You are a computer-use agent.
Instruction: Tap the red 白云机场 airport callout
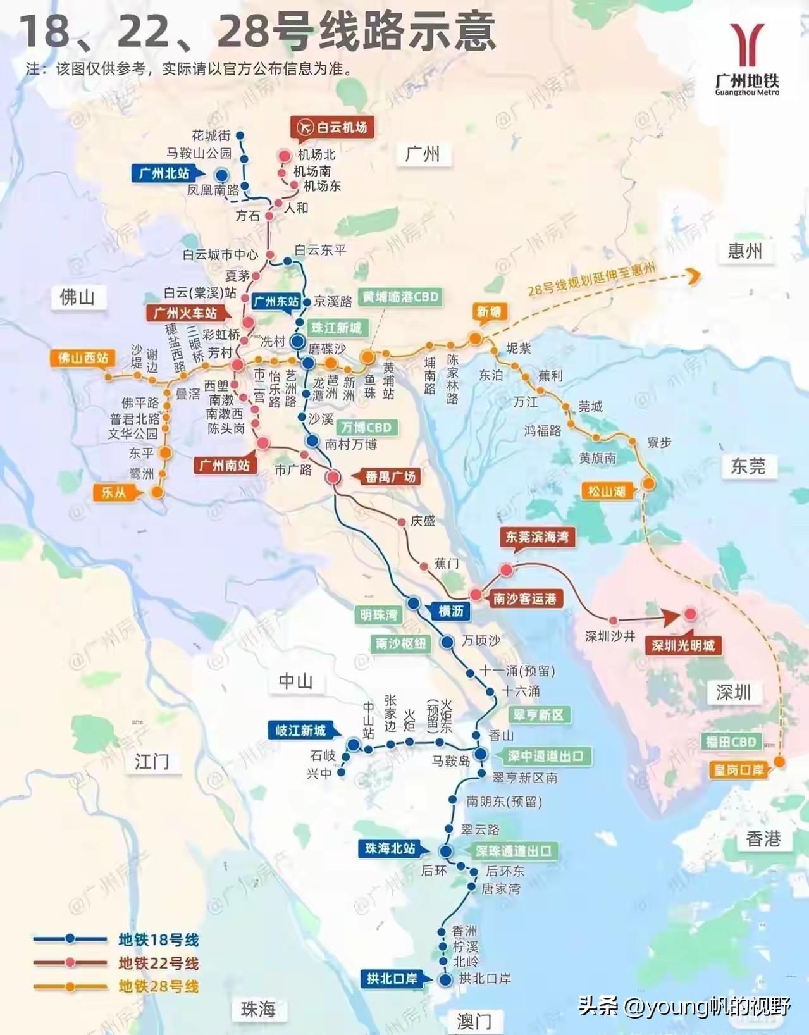pyautogui.click(x=333, y=127)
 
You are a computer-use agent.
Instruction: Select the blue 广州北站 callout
pyautogui.click(x=164, y=173)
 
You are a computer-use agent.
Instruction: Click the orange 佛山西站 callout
pyautogui.click(x=83, y=358)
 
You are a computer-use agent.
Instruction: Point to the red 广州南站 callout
pyautogui.click(x=225, y=466)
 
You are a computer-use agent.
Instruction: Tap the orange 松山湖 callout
pyautogui.click(x=607, y=491)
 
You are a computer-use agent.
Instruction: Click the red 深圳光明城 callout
pyautogui.click(x=683, y=645)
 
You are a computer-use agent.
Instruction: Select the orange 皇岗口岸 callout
pyautogui.click(x=739, y=770)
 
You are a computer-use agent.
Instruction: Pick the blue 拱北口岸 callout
pyautogui.click(x=392, y=979)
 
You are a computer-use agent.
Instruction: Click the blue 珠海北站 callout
pyautogui.click(x=390, y=848)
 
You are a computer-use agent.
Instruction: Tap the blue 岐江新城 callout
pyautogui.click(x=300, y=731)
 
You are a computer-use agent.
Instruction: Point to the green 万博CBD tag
pyautogui.click(x=367, y=427)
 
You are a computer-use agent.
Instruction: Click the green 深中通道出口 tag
pyautogui.click(x=545, y=755)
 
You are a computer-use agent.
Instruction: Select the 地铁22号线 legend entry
pyautogui.click(x=158, y=963)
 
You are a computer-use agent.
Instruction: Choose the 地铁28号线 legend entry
pyautogui.click(x=158, y=986)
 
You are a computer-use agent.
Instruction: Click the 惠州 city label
pyautogui.click(x=744, y=251)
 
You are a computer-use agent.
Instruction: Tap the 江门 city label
pyautogui.click(x=151, y=761)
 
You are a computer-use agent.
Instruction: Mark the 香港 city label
pyautogui.click(x=763, y=839)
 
